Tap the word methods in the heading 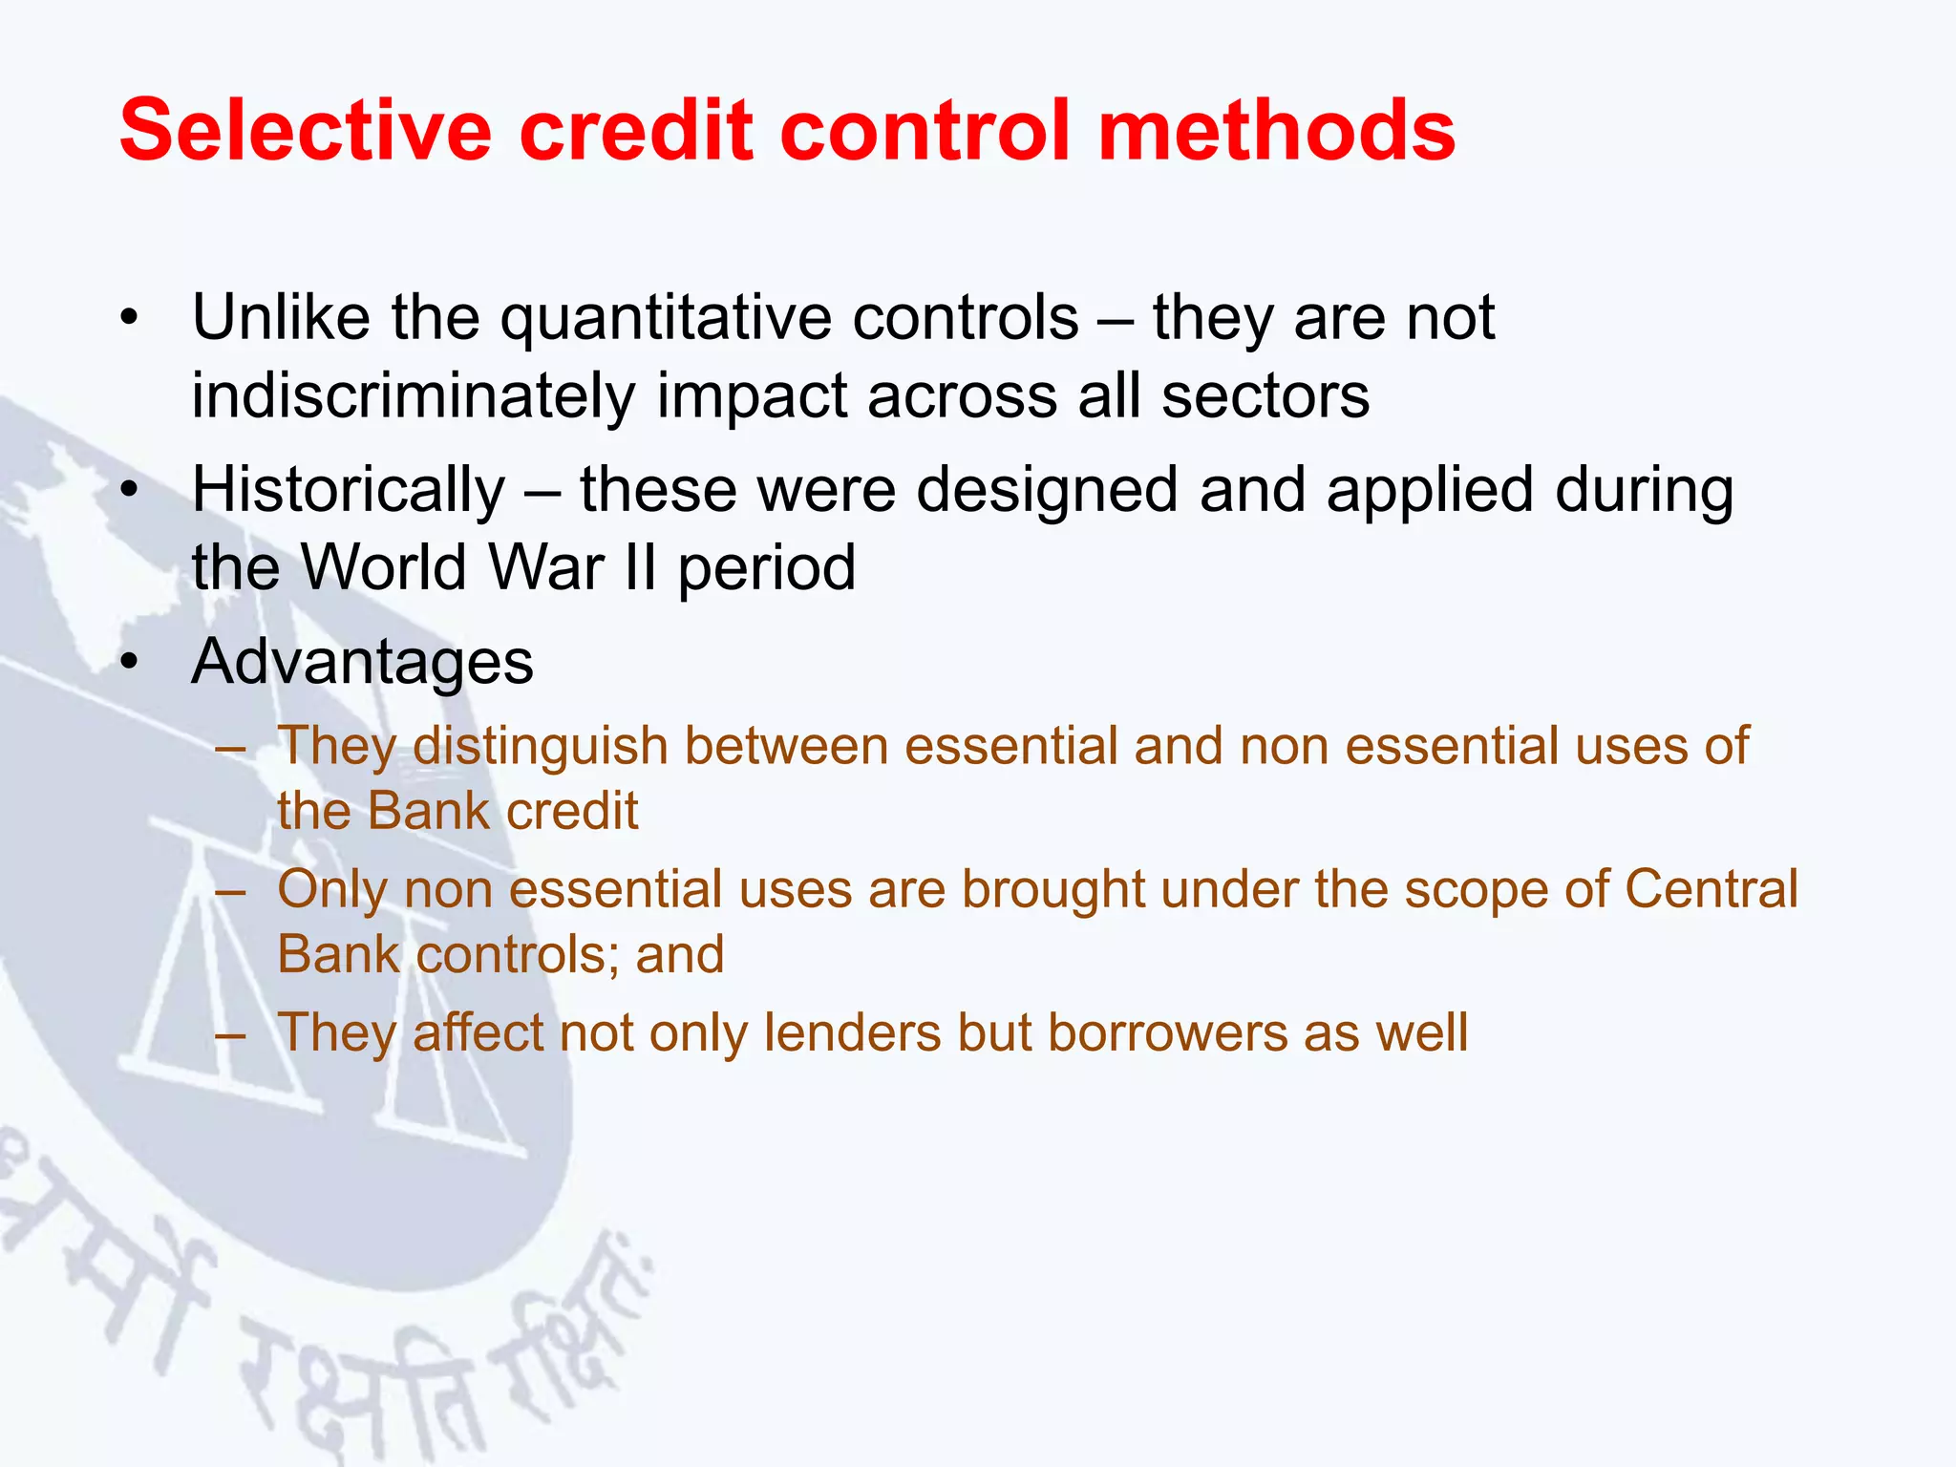(x=1276, y=130)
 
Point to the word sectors (x=1265, y=396)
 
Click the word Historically (x=349, y=491)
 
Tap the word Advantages (x=362, y=662)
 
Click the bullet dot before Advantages (x=130, y=662)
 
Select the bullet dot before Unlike (x=130, y=318)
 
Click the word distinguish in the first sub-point (x=540, y=746)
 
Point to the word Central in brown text (x=1711, y=889)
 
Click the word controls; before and (x=517, y=954)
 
